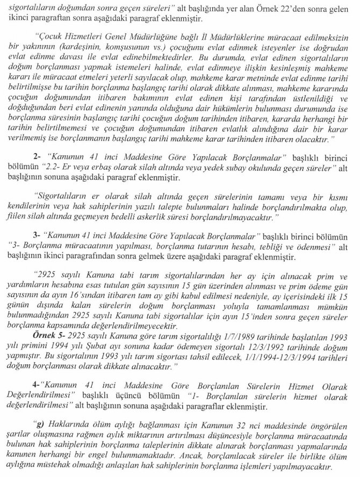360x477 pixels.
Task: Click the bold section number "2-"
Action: pyautogui.click(x=37, y=156)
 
